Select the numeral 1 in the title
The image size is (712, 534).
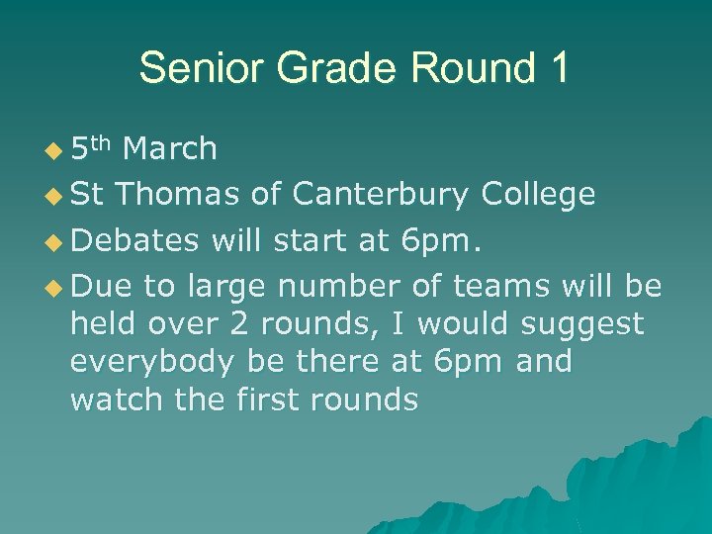point(557,68)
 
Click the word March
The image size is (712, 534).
point(170,149)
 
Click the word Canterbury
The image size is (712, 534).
point(380,195)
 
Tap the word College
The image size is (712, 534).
point(538,195)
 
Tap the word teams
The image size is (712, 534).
point(500,286)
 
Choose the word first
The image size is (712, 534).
point(266,400)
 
